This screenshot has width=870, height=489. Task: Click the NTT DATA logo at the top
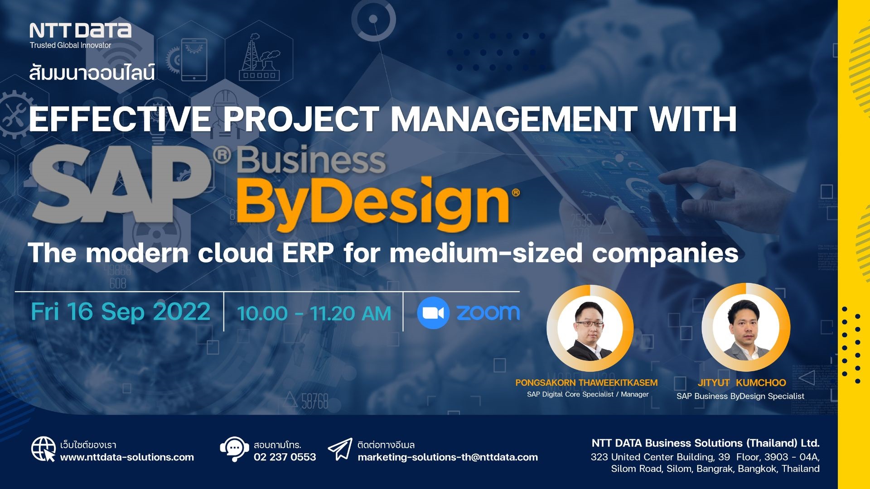click(x=80, y=31)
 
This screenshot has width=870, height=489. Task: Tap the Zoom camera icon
click(x=433, y=313)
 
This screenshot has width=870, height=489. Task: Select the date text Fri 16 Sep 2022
click(x=121, y=312)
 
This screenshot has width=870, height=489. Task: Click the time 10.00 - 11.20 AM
click(x=314, y=313)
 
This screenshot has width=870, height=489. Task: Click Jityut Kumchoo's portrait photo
click(x=745, y=328)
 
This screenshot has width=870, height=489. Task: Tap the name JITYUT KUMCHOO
click(x=741, y=383)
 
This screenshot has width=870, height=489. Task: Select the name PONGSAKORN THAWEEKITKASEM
click(x=586, y=383)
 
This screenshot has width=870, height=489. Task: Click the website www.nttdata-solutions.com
click(x=127, y=457)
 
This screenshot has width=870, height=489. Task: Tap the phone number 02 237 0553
click(x=285, y=457)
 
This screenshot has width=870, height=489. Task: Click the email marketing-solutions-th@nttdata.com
click(x=448, y=457)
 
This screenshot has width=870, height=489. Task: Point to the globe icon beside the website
click(x=43, y=449)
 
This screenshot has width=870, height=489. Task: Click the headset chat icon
click(x=234, y=449)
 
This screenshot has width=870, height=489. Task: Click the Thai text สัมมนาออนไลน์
click(x=92, y=72)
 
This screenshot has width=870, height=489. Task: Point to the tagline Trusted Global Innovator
click(x=70, y=45)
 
